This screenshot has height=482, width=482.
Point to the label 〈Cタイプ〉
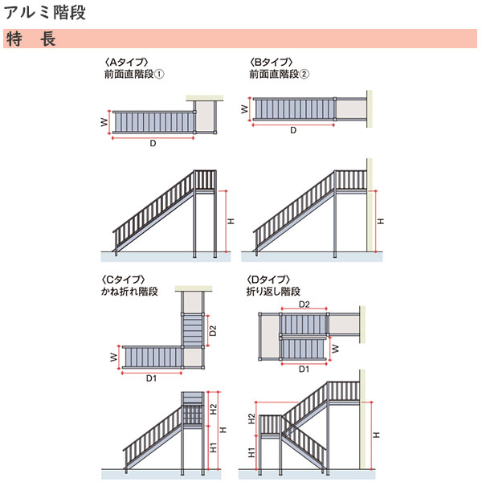(x=123, y=279)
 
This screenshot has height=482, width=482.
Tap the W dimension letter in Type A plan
(x=104, y=122)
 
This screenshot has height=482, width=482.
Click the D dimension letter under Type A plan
(x=152, y=144)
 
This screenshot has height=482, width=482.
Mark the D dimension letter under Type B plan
(x=293, y=129)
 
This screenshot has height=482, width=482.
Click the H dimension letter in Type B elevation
(x=381, y=220)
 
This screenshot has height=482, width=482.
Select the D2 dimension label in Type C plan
(x=213, y=329)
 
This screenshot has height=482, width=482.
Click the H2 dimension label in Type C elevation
(x=213, y=408)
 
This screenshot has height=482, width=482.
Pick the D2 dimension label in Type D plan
(x=304, y=305)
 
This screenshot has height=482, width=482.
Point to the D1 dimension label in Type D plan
(x=304, y=370)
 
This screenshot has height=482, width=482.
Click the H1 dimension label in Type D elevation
(x=251, y=452)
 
